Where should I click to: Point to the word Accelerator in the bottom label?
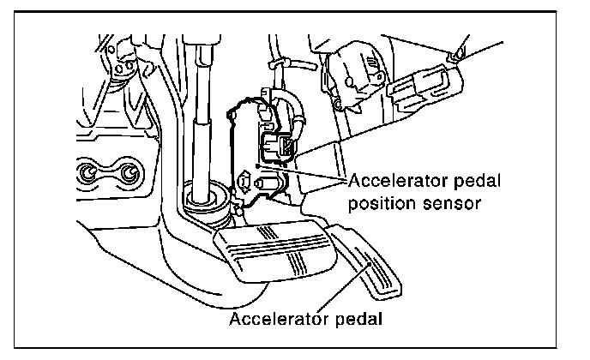[x=280, y=319]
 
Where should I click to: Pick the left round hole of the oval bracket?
[x=89, y=175]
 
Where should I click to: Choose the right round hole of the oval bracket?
[x=129, y=175]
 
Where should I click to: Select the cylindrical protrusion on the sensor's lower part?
[x=269, y=183]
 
